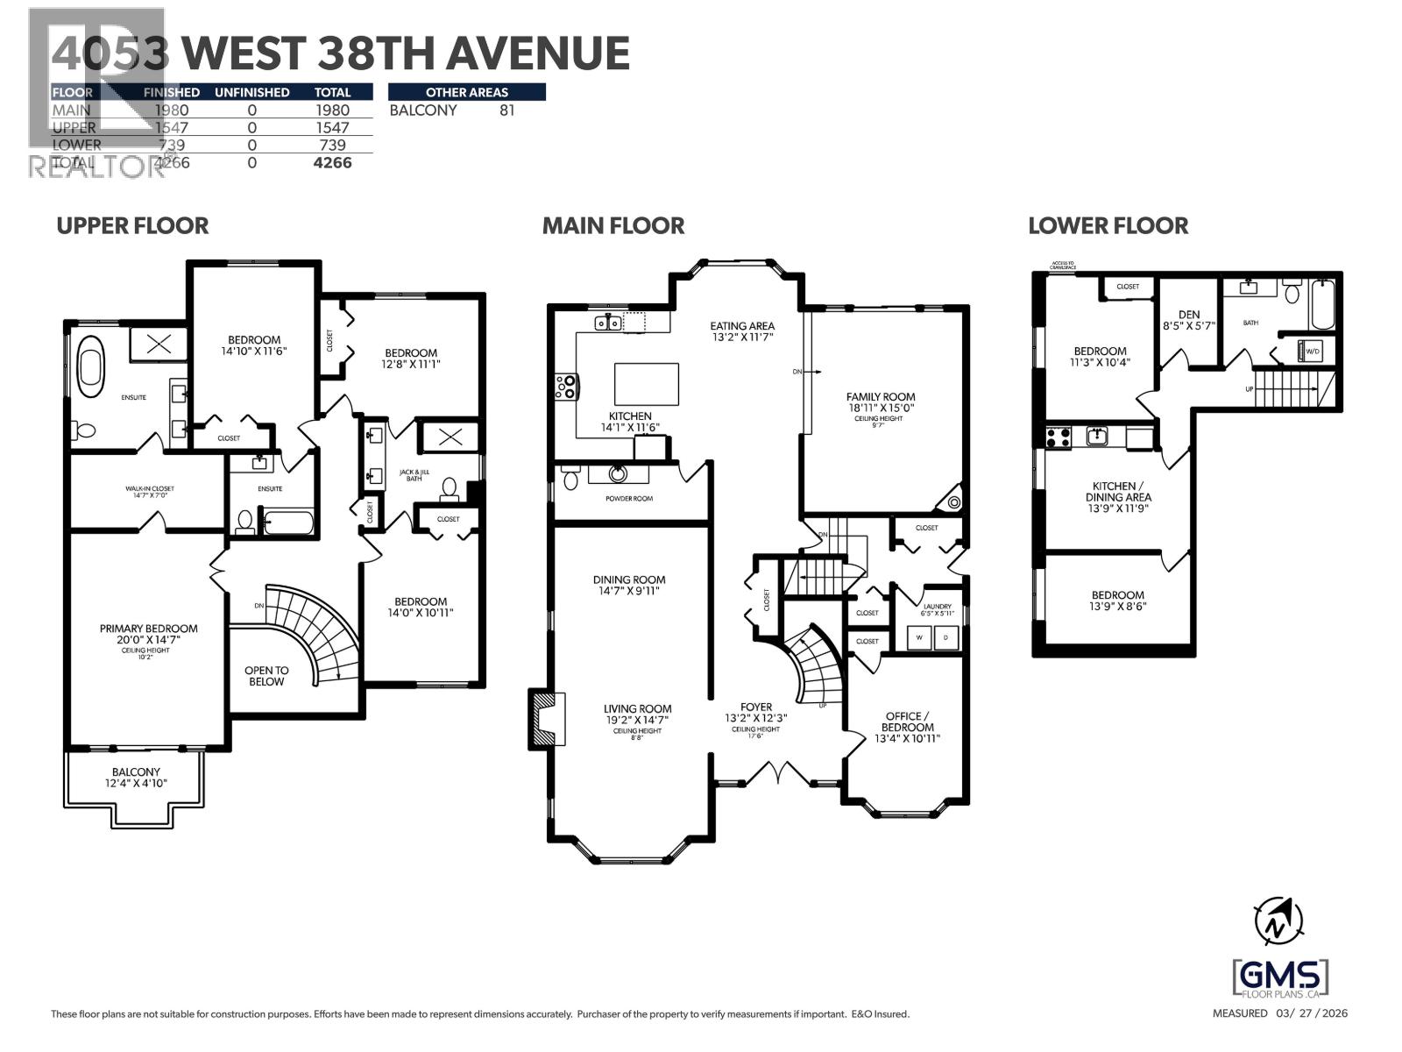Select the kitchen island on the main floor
click(x=646, y=384)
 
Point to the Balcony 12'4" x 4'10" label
click(x=136, y=777)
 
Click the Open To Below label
click(x=266, y=675)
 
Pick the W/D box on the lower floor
click(x=1313, y=351)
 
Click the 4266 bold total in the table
click(x=332, y=162)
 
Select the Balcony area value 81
click(x=506, y=110)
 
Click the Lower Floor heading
click(x=1108, y=225)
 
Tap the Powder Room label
click(x=628, y=498)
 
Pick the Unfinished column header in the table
click(x=251, y=92)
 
